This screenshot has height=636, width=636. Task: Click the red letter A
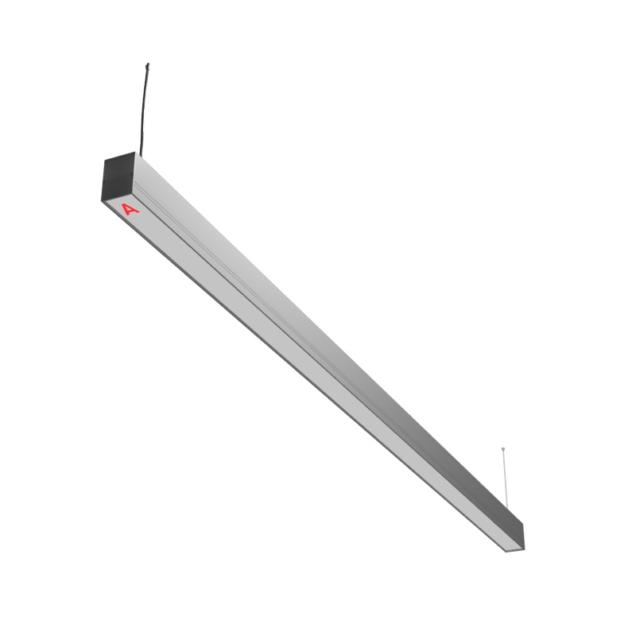pyautogui.click(x=130, y=209)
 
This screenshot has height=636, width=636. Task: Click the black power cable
pyautogui.click(x=143, y=110)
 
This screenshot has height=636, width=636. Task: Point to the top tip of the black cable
pyautogui.click(x=148, y=64)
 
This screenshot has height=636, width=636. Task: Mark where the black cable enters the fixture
pyautogui.click(x=141, y=156)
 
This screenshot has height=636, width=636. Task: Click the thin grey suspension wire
pyautogui.click(x=505, y=479)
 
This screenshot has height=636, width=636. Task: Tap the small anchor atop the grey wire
pyautogui.click(x=503, y=448)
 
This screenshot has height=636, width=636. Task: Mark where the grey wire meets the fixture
pyautogui.click(x=507, y=509)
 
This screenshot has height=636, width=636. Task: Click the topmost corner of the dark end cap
pyautogui.click(x=134, y=152)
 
